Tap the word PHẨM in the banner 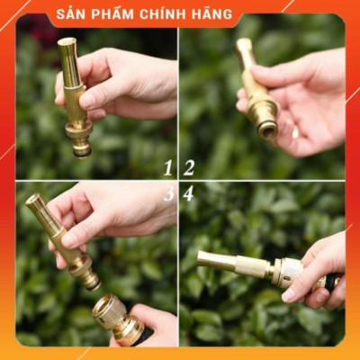(x=112, y=14)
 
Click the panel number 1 (x=167, y=167)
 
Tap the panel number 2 (x=189, y=167)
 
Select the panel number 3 (x=167, y=193)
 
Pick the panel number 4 (x=189, y=193)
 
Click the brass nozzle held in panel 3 (x=63, y=238)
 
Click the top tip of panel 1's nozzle (x=66, y=42)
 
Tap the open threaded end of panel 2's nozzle (x=267, y=130)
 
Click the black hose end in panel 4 (x=333, y=281)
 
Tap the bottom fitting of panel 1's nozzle (x=81, y=144)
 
